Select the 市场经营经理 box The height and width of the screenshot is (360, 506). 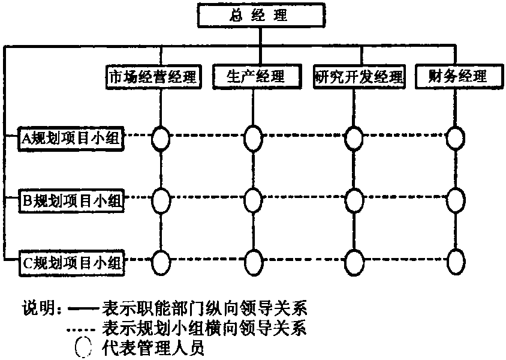coord(152,77)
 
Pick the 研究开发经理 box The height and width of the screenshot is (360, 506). coord(359,77)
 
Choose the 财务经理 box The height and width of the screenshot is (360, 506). coord(457,77)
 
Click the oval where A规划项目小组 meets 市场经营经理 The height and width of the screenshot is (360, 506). coord(160,138)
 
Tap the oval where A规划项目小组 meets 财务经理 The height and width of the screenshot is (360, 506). coord(456,138)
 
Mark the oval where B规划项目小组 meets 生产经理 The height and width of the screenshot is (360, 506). coord(254,199)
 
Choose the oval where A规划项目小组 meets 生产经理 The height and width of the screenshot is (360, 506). coord(254,138)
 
